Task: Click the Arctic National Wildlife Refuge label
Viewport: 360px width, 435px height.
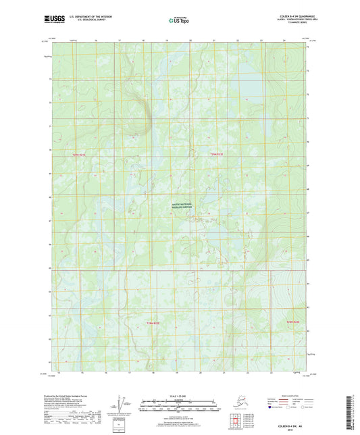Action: (181, 208)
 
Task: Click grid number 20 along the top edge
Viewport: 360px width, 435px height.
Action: (190, 41)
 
